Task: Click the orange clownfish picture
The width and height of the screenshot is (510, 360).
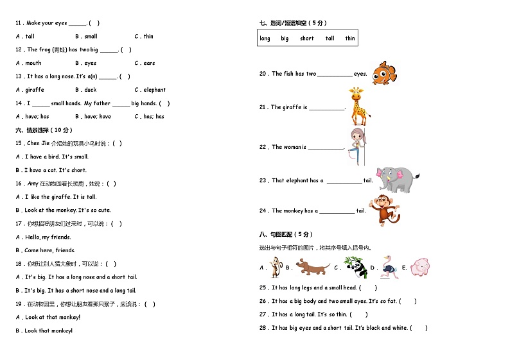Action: [x=384, y=73]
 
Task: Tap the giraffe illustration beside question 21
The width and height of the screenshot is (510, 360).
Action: [x=358, y=107]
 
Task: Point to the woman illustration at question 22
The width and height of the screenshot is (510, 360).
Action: [x=356, y=146]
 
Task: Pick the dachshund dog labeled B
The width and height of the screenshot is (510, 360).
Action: [x=313, y=266]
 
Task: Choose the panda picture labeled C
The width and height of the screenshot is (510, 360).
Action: [x=355, y=267]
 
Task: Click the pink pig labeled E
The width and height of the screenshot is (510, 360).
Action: [x=420, y=267]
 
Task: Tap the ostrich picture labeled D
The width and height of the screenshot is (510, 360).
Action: [x=389, y=267]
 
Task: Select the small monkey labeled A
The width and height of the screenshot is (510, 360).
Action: [x=276, y=266]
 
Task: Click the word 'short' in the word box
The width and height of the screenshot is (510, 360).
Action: [x=307, y=39]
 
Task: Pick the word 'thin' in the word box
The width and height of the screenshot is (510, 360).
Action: [x=350, y=39]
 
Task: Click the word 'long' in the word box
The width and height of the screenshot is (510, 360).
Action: [x=265, y=39]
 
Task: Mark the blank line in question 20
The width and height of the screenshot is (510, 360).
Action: [x=335, y=75]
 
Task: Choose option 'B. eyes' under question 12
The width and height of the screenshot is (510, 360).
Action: [x=85, y=64]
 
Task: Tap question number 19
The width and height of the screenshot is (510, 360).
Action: [x=19, y=304]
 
